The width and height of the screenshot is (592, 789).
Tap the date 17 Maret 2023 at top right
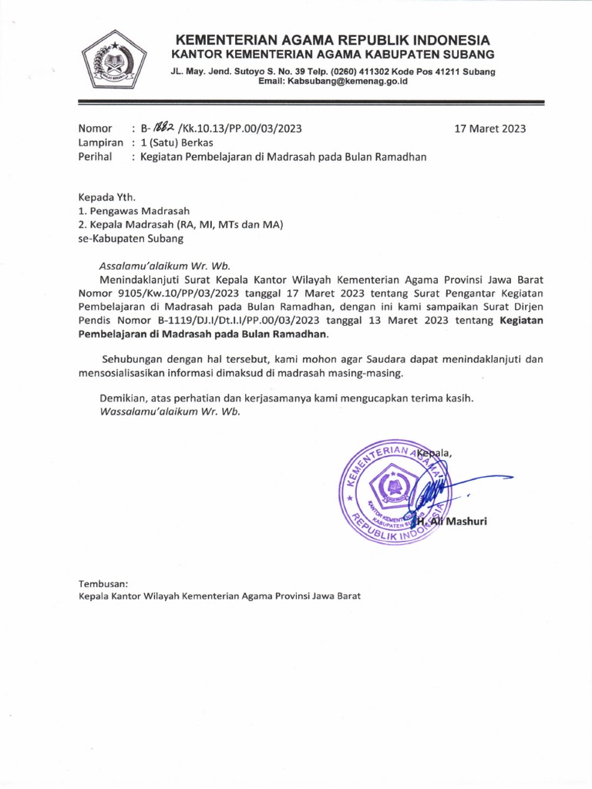(490, 129)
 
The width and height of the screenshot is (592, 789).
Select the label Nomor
(96, 129)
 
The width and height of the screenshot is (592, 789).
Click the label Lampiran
(102, 143)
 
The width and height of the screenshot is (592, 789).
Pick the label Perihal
(96, 156)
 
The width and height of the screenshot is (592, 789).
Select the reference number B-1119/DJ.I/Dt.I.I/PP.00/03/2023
(237, 321)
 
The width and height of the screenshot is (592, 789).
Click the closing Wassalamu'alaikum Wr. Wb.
(170, 411)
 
